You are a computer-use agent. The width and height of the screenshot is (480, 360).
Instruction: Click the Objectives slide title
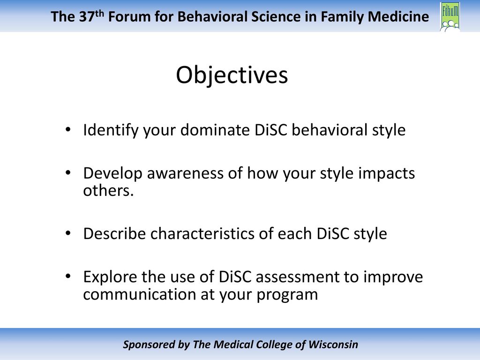click(232, 75)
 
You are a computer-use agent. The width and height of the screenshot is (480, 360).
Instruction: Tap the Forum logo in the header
click(450, 16)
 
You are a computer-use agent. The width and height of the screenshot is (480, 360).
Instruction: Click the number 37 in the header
click(87, 16)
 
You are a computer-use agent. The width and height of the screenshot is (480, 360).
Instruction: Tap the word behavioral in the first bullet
click(330, 130)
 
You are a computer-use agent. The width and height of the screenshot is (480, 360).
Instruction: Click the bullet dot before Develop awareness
click(68, 172)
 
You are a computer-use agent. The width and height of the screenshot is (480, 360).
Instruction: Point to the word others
click(108, 190)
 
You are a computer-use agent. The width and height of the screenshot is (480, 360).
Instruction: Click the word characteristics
click(202, 233)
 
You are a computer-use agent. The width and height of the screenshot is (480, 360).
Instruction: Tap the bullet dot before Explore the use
click(68, 276)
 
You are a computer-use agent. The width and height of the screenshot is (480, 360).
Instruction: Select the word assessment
click(298, 277)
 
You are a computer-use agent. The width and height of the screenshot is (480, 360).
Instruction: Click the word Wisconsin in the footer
click(333, 345)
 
